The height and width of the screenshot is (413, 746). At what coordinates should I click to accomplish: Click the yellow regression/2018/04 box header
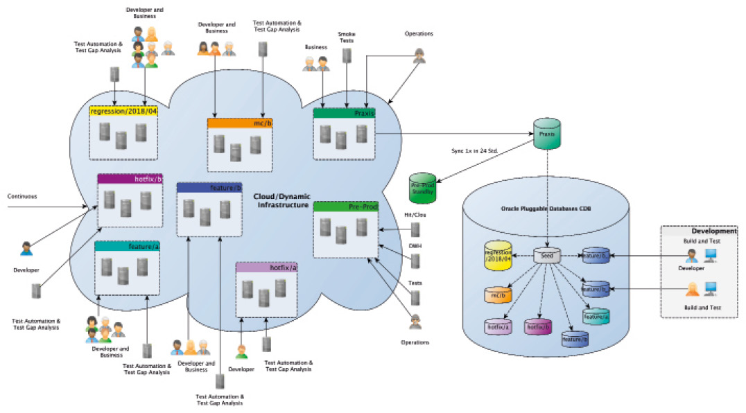click(123, 112)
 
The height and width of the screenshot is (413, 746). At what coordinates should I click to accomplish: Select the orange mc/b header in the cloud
click(238, 123)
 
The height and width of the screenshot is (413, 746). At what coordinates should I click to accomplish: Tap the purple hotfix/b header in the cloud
click(130, 179)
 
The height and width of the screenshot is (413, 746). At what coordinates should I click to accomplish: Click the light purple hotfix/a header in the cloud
click(267, 267)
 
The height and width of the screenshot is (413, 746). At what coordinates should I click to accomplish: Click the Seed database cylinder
click(546, 256)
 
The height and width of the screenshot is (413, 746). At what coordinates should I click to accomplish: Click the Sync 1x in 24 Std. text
click(474, 150)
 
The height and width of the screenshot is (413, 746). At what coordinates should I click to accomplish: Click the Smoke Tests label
click(346, 37)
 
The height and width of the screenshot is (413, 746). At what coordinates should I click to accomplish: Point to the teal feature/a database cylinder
click(596, 316)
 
